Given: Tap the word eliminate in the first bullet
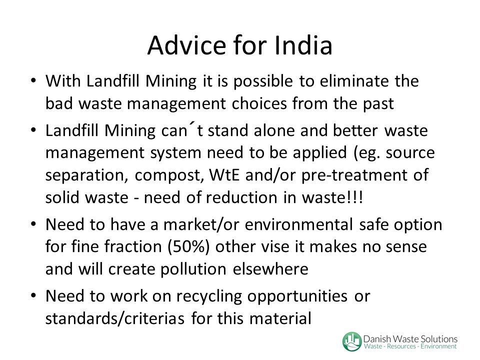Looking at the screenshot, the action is coord(354,81).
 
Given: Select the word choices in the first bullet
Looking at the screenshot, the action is coord(259,103).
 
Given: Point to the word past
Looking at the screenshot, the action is coord(378,104).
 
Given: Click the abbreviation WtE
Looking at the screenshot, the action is coord(224,175).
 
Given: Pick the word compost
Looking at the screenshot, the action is coord(169,175).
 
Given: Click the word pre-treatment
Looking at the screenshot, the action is coord(352,175).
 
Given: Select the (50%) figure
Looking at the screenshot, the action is coord(188,246).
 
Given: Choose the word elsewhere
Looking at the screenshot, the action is coord(270,269).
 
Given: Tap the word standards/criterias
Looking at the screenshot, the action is coord(115,318).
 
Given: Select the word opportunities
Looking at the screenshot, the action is coord(297,296).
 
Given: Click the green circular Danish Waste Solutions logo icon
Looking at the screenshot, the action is coord(352,341).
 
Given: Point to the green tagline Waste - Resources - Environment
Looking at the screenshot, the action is coord(410,346).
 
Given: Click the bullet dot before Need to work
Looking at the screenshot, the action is coord(33,296).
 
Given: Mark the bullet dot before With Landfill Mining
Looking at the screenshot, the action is coord(33,81).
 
